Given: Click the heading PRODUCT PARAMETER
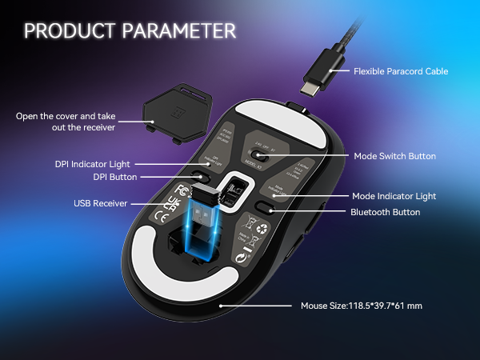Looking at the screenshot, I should coord(130,30).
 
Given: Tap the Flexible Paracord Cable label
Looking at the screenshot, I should coord(401,71).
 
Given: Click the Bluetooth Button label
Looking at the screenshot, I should coord(385,212).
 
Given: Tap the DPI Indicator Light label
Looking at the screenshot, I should coord(94,163).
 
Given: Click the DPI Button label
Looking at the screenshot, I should coord(110,177).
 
